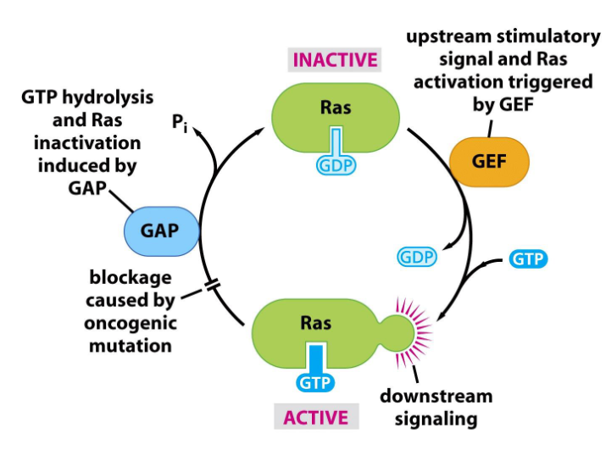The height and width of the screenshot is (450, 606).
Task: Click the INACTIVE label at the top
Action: click(335, 60)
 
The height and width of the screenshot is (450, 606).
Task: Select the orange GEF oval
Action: click(489, 160)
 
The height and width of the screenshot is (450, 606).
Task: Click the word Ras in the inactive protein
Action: click(336, 108)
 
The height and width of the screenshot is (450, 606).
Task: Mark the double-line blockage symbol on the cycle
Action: click(213, 287)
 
